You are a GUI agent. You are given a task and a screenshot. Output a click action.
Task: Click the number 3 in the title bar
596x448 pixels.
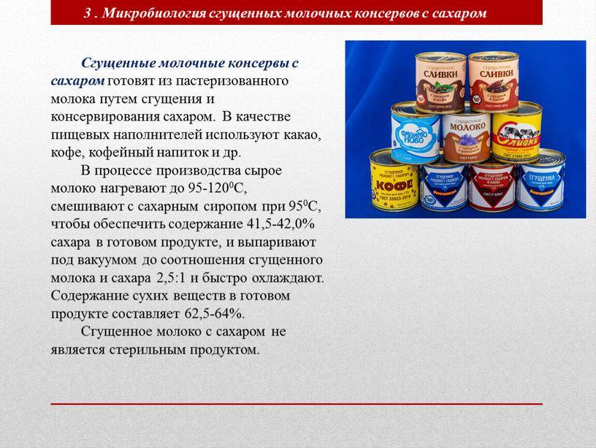(88, 14)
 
